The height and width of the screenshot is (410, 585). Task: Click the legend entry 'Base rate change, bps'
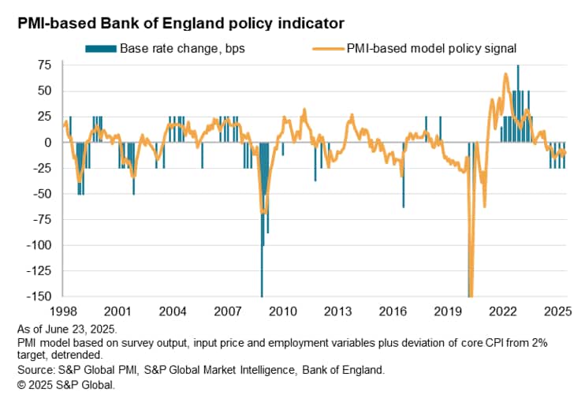coord(182,48)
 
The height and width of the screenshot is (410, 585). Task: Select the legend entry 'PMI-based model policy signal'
coord(431,48)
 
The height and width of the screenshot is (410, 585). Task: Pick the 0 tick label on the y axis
coord(51,142)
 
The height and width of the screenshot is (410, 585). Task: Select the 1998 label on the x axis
coord(63,311)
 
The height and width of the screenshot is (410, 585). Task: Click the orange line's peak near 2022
coord(505,75)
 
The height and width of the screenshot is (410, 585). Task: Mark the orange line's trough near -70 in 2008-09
coord(264,211)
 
